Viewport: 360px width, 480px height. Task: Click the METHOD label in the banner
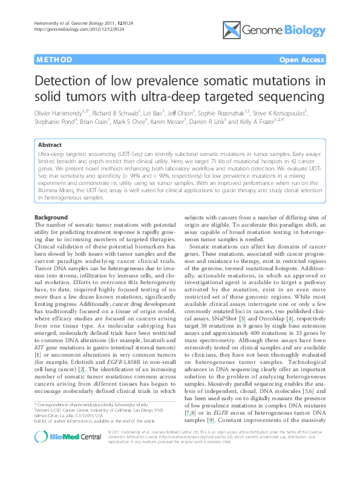(x=54, y=60)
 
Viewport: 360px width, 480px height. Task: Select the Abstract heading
(x=50, y=145)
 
